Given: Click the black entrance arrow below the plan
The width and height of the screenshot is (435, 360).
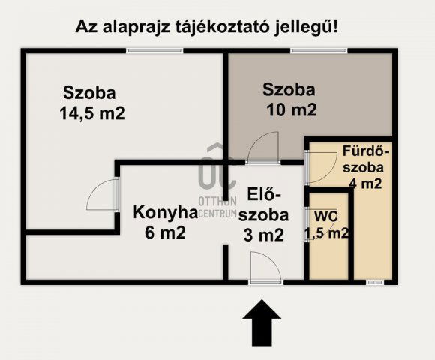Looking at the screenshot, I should pos(262,322).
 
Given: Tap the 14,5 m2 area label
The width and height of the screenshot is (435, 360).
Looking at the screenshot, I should pos(91,114).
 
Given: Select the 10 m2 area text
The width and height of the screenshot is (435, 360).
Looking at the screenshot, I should pos(291,109).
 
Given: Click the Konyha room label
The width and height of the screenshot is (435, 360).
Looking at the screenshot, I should pos(165,213).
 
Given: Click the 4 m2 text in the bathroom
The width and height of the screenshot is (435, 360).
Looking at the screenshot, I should pos(365,183).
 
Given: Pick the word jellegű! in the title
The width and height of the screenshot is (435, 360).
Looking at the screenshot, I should pos(308,28).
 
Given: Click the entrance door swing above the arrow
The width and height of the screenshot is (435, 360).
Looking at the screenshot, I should pos(263,267).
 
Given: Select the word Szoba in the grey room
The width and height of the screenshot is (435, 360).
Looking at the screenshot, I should pos(288,90).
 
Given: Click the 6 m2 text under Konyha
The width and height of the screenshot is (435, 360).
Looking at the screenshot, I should pos(165,232).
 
